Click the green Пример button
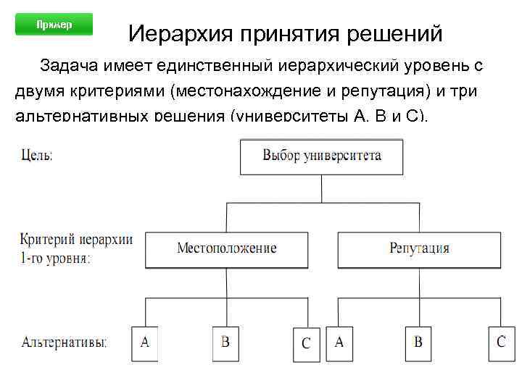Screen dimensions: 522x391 point(54,25)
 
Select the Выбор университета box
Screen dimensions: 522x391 point(321,156)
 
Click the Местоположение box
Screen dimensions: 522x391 point(227,248)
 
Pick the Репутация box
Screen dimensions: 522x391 point(419,248)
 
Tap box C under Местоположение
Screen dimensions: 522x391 point(305,343)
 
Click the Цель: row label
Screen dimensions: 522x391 point(37,155)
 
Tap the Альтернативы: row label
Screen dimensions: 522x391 point(64,342)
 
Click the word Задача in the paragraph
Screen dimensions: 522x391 point(71,67)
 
